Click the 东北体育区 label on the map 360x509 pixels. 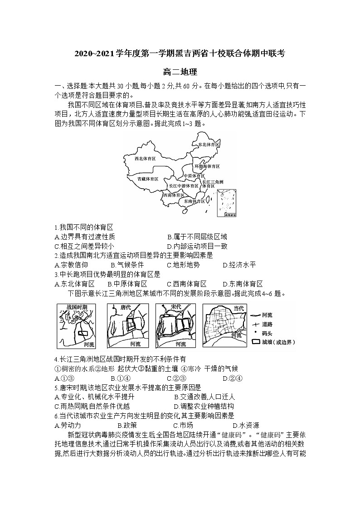click(x=209, y=144)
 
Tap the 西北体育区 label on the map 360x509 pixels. click(x=145, y=159)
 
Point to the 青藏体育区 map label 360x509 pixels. click(x=148, y=179)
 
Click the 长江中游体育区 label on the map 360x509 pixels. click(x=183, y=186)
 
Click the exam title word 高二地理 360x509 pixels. click(x=180, y=72)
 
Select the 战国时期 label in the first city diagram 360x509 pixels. click(x=76, y=307)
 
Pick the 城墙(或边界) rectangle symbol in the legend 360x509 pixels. click(x=256, y=341)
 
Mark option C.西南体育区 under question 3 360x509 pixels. click(x=187, y=284)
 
